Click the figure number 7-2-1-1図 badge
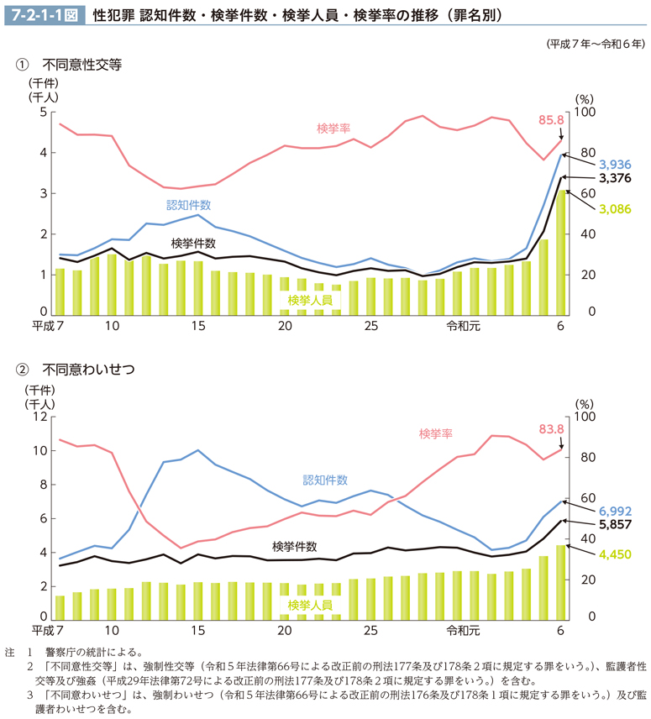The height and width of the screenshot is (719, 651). pyautogui.click(x=43, y=14)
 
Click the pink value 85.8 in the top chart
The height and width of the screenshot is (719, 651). pyautogui.click(x=550, y=120)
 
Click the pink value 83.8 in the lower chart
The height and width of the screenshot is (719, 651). pyautogui.click(x=550, y=428)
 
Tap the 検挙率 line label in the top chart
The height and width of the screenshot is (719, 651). pyautogui.click(x=333, y=128)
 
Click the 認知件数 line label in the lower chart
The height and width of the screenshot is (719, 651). pyautogui.click(x=325, y=480)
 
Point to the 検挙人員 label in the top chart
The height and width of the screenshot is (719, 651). pyautogui.click(x=309, y=300)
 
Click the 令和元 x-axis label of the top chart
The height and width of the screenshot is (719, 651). pyautogui.click(x=463, y=327)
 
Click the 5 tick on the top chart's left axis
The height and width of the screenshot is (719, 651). pyautogui.click(x=43, y=113)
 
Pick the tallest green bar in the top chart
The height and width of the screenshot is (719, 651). pyautogui.click(x=561, y=252)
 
